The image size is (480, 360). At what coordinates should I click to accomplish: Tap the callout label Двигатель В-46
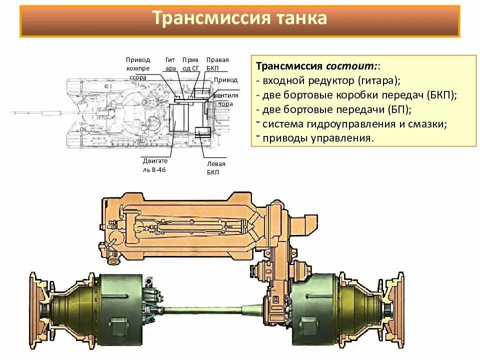pos(155,165)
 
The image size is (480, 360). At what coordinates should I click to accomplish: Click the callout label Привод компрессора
pos(137,68)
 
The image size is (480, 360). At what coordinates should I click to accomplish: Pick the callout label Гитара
pos(170,64)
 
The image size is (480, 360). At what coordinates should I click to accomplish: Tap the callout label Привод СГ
pos(190,64)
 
